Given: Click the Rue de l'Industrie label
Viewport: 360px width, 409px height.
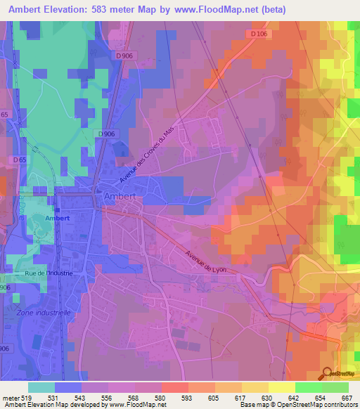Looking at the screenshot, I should (x=49, y=273).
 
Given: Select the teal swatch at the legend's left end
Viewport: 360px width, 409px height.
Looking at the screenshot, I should (x=41, y=387).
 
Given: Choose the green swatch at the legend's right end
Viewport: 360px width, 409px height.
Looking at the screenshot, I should (x=335, y=387).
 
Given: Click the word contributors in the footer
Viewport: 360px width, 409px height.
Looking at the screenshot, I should (x=338, y=405).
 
